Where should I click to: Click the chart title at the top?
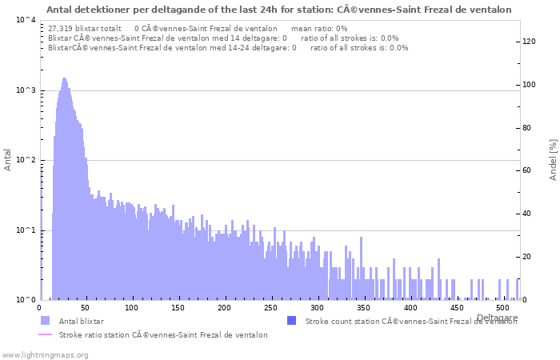coord(278,10)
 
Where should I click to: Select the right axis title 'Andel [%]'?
coord(552,159)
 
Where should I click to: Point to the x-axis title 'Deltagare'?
coord(497,318)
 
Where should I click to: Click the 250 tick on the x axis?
coord(271,308)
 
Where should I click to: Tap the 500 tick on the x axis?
coord(502,308)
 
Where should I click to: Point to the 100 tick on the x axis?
coord(132,308)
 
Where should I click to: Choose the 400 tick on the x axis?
coord(410,308)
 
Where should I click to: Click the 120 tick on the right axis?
coord(530,42)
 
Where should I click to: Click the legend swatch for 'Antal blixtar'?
coord(45,321)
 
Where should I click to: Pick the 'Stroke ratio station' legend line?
coord(45,334)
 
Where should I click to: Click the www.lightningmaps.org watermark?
coord(44,354)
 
